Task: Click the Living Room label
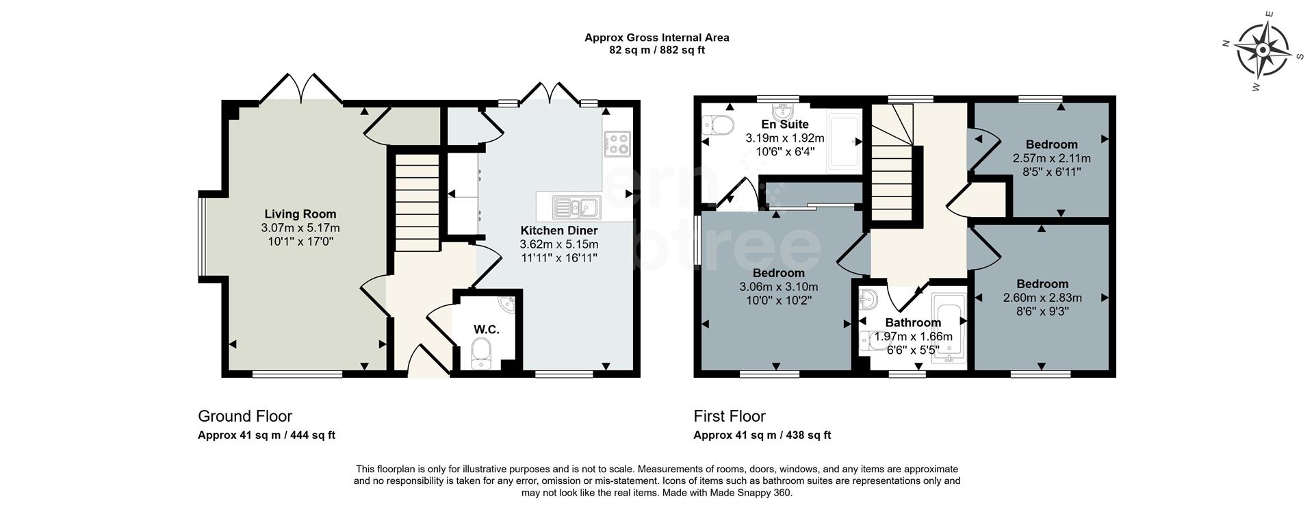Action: tap(300, 214)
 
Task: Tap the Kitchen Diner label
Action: tap(559, 231)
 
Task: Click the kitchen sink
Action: tap(576, 206)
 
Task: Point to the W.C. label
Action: tap(486, 329)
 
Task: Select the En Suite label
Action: tap(785, 125)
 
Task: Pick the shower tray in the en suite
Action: tap(844, 143)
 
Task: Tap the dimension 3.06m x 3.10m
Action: tap(778, 287)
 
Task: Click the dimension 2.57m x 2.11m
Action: tap(1051, 158)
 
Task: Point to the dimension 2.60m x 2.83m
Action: tap(1042, 298)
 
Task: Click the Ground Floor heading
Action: tap(244, 416)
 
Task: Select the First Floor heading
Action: tap(729, 416)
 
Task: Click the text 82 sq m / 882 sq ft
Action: tap(656, 50)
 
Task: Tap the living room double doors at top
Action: tap(300, 88)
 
